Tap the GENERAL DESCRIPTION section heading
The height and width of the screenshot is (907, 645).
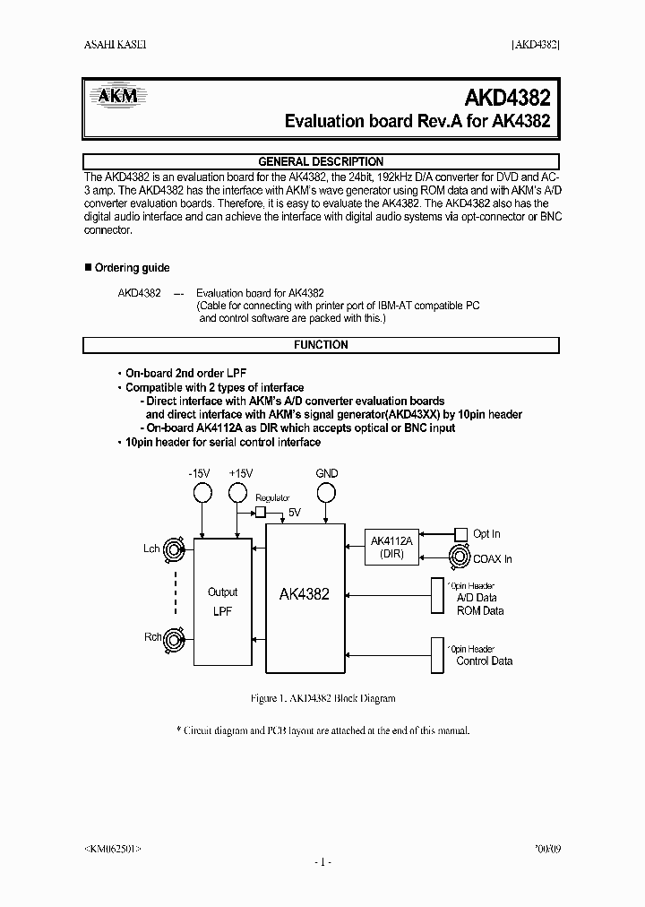[x=321, y=162]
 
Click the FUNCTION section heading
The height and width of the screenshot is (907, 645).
[x=321, y=345]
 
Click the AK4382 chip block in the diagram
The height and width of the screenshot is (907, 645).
[x=305, y=593]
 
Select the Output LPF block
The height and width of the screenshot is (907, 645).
[x=222, y=600]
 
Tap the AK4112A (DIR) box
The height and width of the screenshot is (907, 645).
[x=391, y=547]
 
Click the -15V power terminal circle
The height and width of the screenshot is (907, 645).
[x=202, y=492]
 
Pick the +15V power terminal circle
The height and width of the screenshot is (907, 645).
[x=237, y=492]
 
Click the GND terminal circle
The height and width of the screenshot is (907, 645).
[x=327, y=492]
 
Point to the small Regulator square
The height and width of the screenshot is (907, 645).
[x=260, y=512]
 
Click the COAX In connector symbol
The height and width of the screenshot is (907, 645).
[x=460, y=557]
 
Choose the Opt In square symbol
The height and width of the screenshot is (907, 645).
[x=460, y=533]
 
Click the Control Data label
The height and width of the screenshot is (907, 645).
[x=484, y=661]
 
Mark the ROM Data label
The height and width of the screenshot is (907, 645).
[x=480, y=611]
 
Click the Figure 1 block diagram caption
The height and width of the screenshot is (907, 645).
[x=321, y=698]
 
